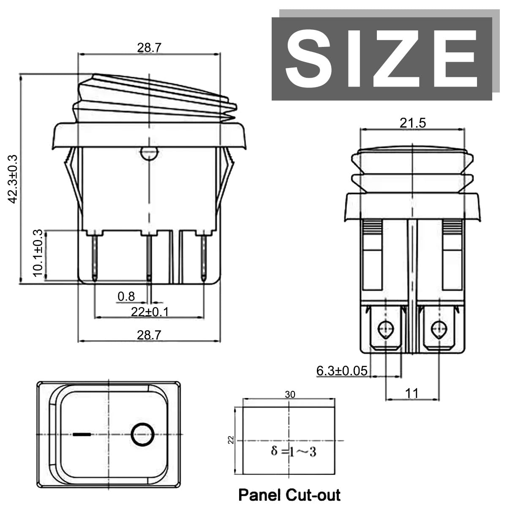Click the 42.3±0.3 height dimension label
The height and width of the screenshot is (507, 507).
click(x=13, y=179)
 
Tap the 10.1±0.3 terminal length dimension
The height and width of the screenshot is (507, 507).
click(x=38, y=253)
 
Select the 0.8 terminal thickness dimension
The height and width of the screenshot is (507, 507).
click(x=126, y=296)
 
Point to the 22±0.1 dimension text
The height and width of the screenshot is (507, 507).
click(x=150, y=312)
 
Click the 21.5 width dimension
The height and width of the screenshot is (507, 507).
click(x=412, y=123)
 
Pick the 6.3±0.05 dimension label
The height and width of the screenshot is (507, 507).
click(x=341, y=371)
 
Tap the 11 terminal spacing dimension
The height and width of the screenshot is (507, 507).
click(x=412, y=394)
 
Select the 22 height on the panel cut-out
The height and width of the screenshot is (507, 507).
click(x=231, y=440)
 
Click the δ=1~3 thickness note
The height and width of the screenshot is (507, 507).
click(x=293, y=452)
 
